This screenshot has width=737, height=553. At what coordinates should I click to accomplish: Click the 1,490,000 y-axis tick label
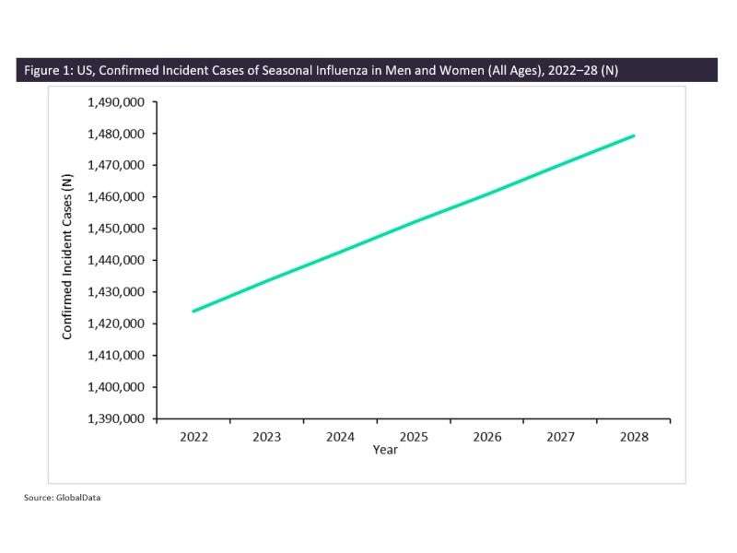(115, 102)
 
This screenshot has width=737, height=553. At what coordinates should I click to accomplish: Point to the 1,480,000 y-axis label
(115, 134)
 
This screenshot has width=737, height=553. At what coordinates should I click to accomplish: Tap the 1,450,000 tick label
(115, 229)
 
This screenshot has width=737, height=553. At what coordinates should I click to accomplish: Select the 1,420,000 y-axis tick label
(115, 324)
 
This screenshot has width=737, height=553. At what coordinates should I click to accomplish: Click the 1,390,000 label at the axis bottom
(115, 419)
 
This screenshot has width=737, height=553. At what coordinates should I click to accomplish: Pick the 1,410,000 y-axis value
(115, 356)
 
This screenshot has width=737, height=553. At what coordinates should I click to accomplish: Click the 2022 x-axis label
(193, 436)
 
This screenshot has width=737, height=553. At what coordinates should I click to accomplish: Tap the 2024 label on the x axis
(340, 436)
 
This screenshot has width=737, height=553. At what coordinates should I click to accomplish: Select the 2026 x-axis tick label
(486, 436)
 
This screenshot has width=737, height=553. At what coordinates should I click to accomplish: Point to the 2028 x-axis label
(633, 436)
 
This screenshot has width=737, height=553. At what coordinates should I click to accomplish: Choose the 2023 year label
(266, 436)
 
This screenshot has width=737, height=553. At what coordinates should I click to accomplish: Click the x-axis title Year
(385, 450)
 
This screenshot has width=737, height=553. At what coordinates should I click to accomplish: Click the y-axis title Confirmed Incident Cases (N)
(68, 261)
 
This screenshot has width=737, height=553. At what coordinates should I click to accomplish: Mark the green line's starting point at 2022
(193, 312)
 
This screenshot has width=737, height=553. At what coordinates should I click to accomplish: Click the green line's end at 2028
(634, 135)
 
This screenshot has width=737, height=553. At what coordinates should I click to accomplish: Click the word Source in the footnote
(37, 499)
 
